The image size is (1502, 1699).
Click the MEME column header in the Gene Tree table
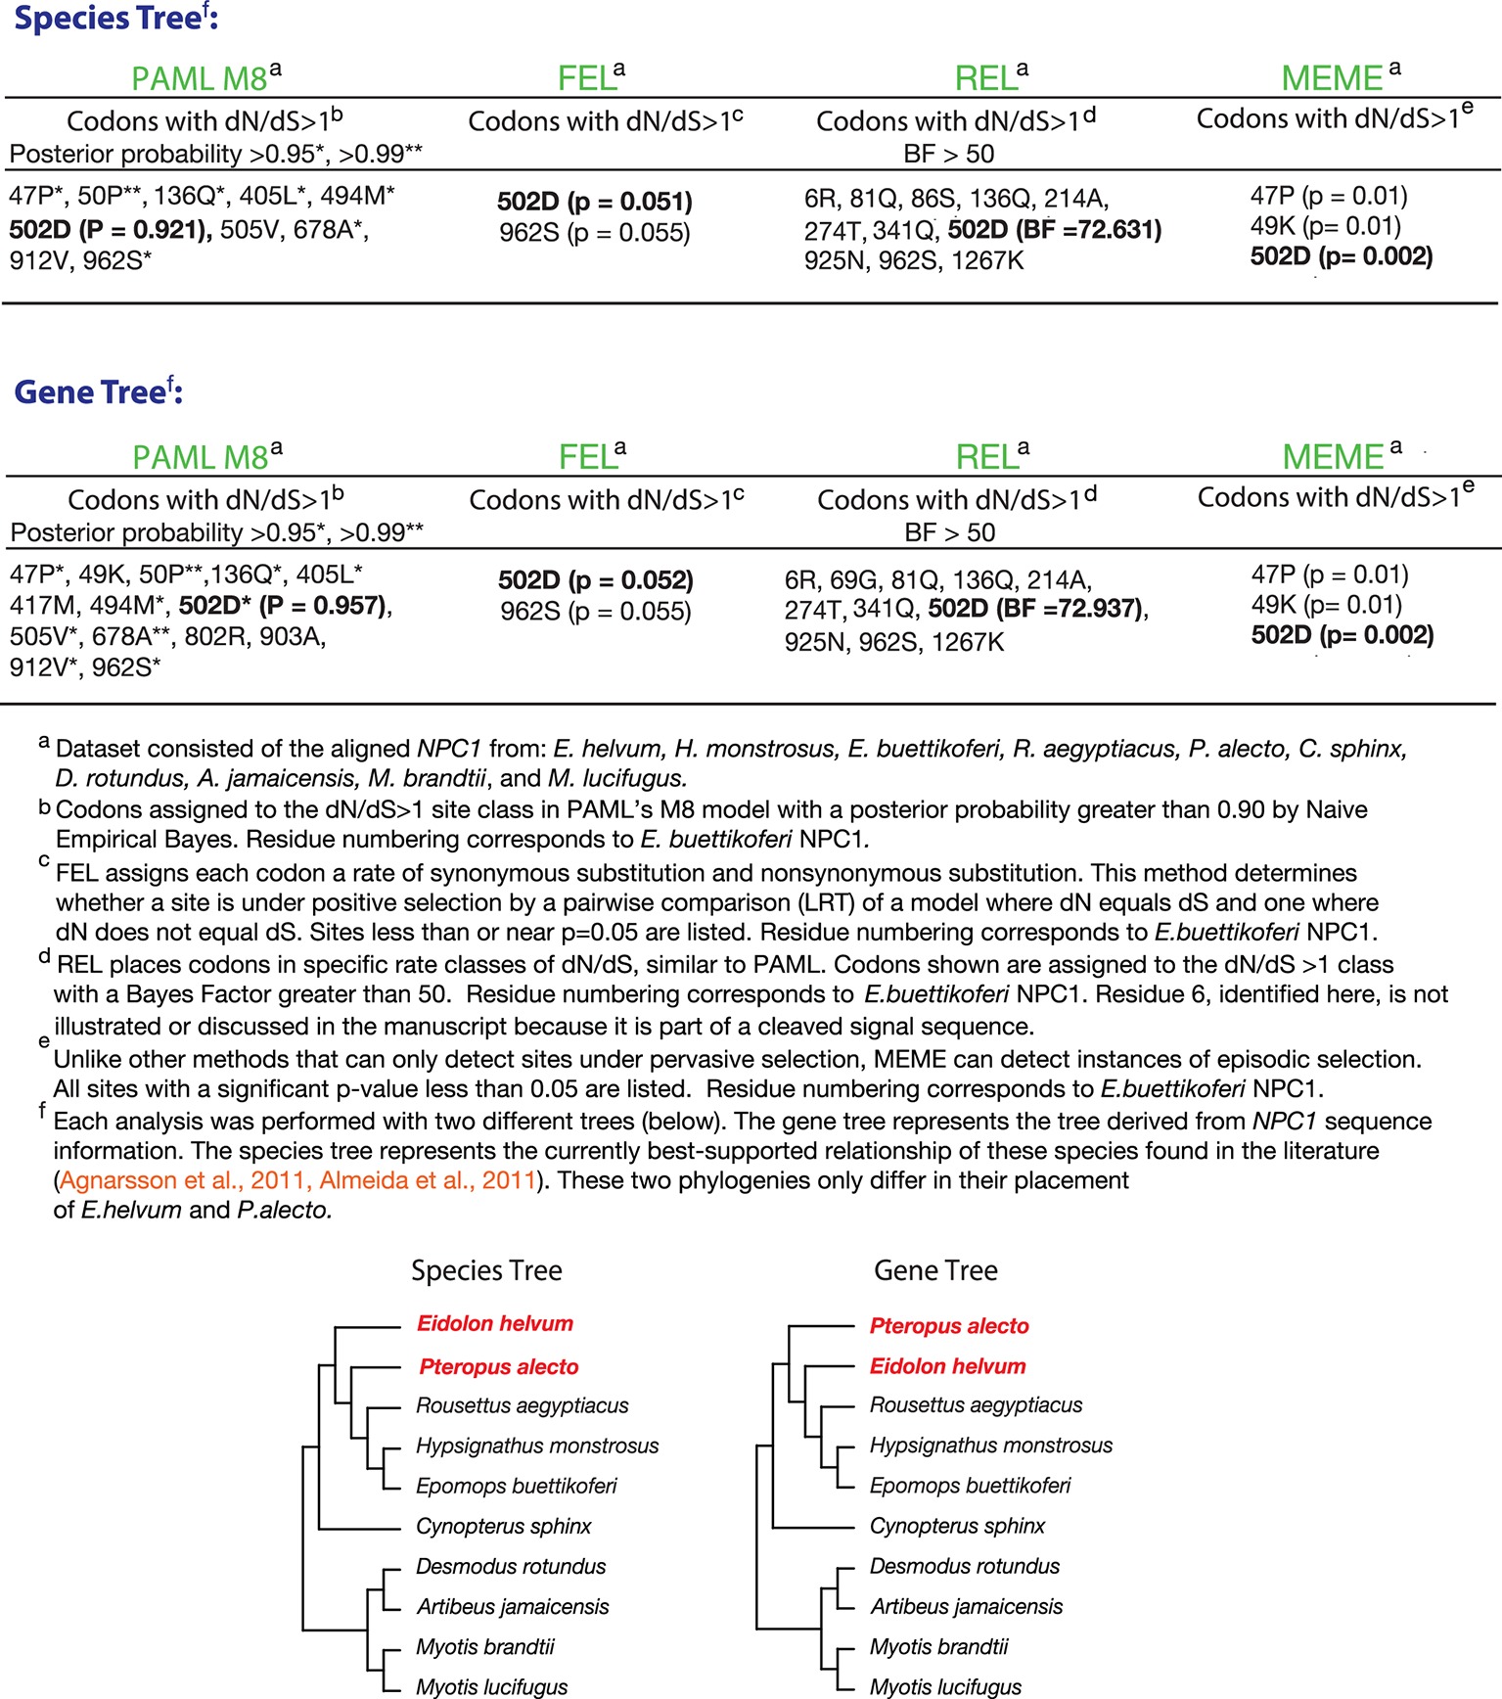tap(1333, 456)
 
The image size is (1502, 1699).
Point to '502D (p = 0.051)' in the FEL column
tap(594, 202)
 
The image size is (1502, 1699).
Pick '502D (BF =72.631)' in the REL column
tap(1055, 230)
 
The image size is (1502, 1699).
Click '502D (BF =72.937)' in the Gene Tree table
tap(1037, 609)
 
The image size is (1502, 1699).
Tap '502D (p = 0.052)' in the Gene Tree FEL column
tap(595, 580)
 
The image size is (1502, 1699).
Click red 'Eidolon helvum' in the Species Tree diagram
tap(495, 1324)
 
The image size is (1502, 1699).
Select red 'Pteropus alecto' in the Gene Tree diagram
tap(949, 1326)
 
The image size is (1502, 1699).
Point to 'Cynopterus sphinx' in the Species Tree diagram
tap(504, 1526)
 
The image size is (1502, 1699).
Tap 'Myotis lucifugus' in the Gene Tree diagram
tap(945, 1686)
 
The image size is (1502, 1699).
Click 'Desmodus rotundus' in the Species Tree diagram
tap(511, 1566)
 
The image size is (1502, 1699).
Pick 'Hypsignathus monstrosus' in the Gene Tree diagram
tap(991, 1446)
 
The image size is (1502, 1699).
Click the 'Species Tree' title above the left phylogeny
tap(486, 1270)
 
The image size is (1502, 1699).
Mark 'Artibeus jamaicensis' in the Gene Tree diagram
tap(967, 1606)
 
